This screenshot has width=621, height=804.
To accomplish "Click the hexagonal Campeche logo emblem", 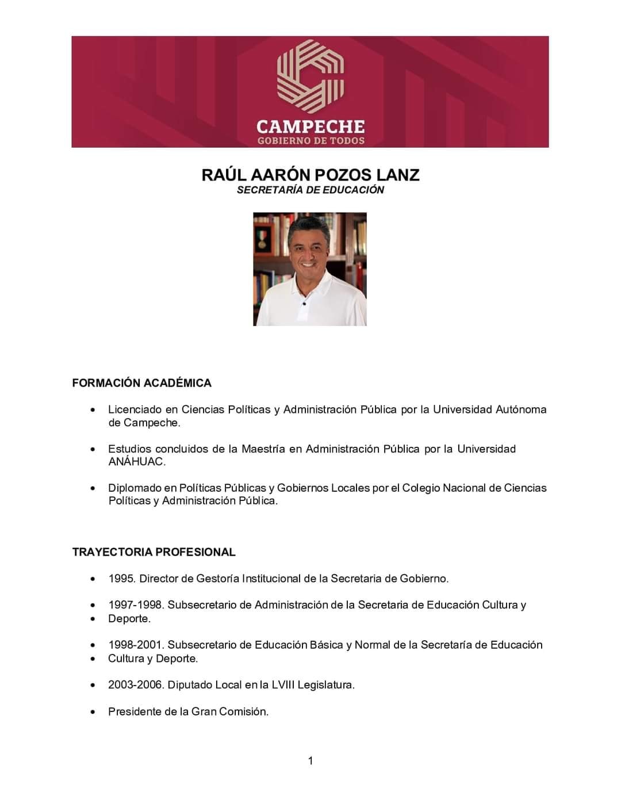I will point(310,75).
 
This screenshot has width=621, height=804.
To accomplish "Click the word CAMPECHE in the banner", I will point(310,127).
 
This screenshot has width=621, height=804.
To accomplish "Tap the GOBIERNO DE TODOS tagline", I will point(310,141).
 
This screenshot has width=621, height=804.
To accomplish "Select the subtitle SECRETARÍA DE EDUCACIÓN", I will point(310,190).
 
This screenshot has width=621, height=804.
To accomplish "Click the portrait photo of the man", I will point(310,269).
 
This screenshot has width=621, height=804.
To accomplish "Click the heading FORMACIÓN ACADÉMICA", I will point(141,383).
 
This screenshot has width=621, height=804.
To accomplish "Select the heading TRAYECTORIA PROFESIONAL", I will point(154,552).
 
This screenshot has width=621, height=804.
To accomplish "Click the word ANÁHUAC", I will point(136,461).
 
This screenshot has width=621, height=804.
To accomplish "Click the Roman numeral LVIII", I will point(283,685).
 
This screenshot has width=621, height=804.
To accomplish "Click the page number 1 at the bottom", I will point(310,761).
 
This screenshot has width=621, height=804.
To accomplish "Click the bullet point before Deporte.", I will point(93,619).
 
